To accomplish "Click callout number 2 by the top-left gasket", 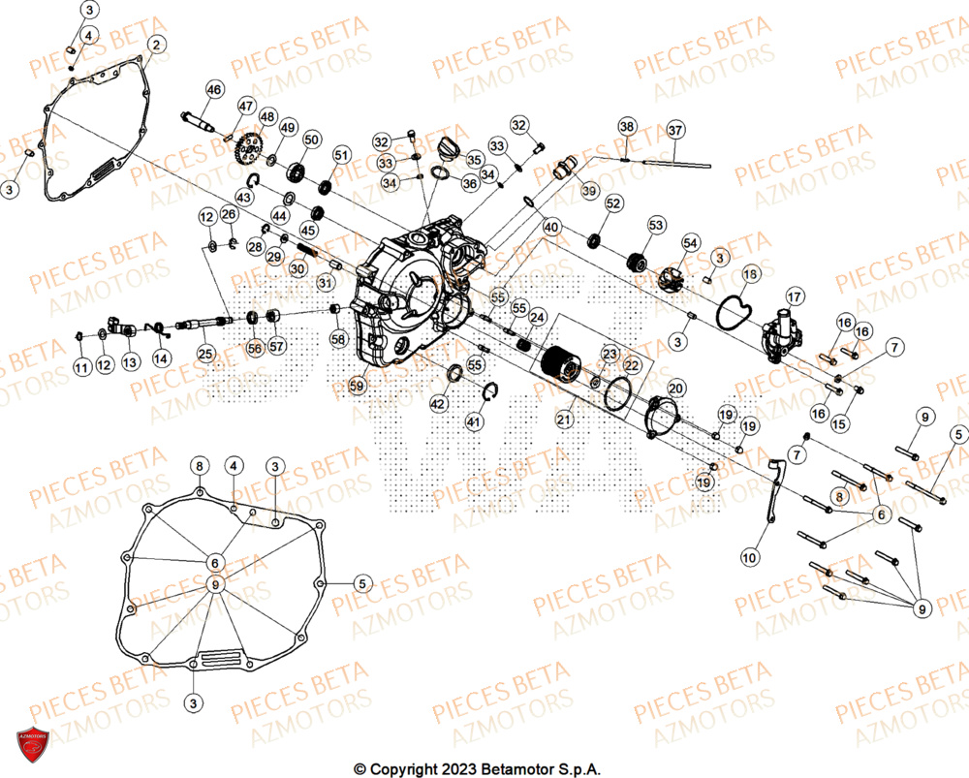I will [x=156, y=44].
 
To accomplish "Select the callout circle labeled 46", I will [x=214, y=90].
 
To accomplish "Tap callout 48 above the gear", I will [x=266, y=116].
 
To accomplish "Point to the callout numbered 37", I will [x=675, y=129].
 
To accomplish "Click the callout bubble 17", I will [x=795, y=296].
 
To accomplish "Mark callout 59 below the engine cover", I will [x=358, y=384].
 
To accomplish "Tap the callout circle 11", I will [x=81, y=366].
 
